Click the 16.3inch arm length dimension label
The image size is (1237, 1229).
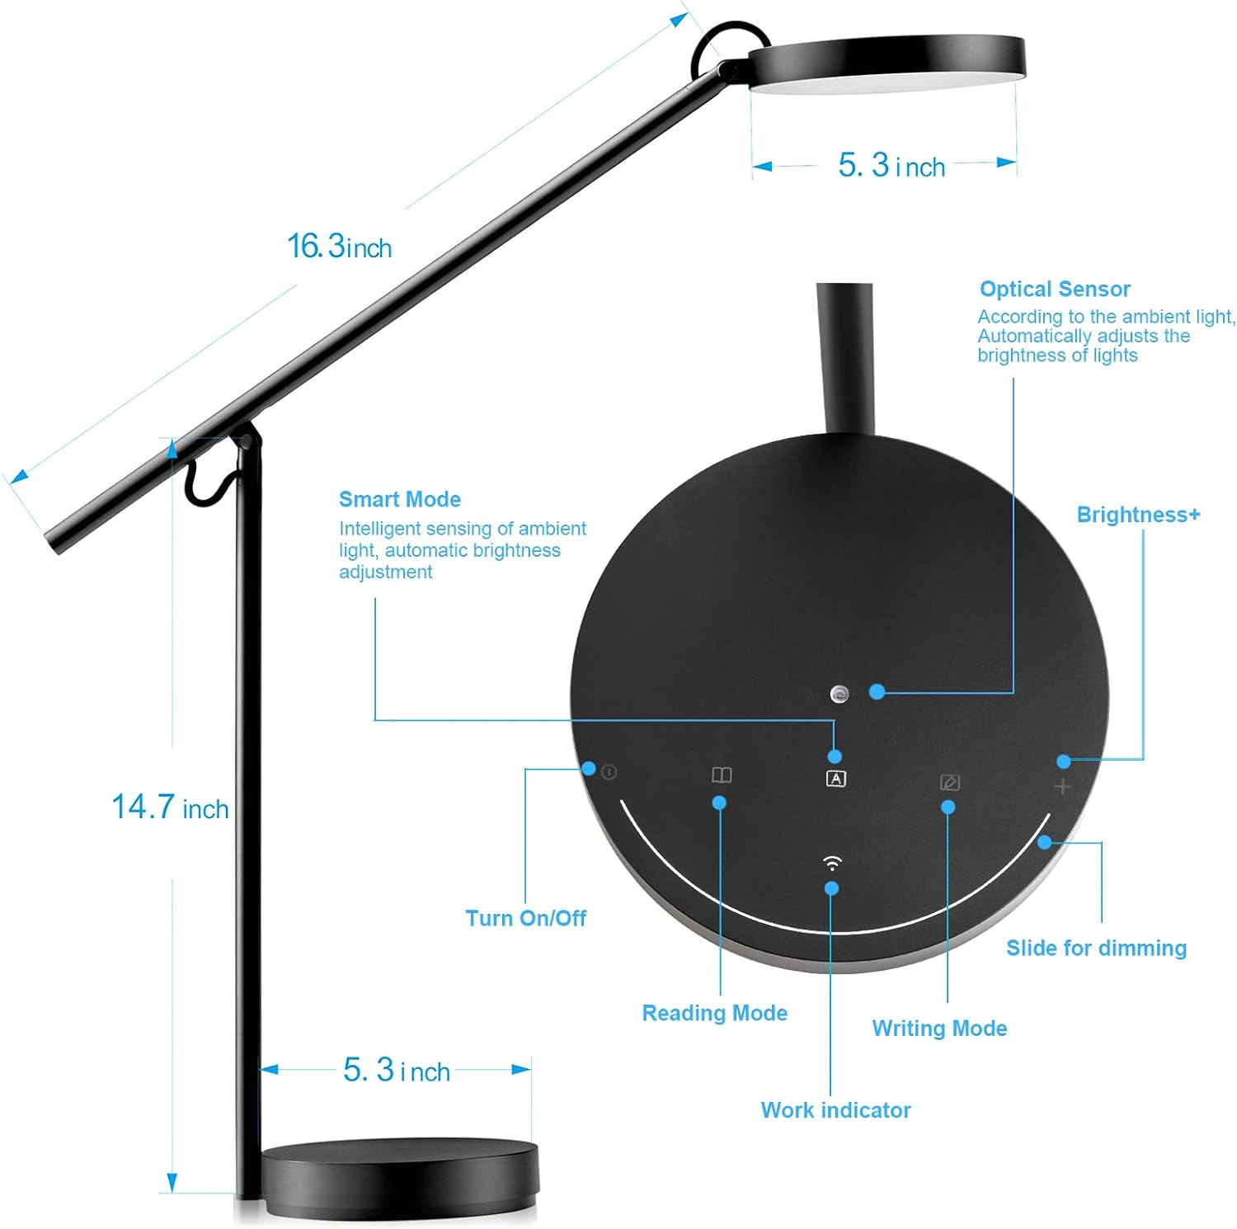339,246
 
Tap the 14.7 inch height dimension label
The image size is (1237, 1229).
170,808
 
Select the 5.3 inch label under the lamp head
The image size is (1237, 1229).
891,166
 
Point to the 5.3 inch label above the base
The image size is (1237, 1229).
397,1071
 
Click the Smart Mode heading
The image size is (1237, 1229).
399,499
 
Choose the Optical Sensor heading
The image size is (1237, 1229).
1054,289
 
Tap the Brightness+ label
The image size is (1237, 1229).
1138,515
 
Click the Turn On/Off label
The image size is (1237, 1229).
525,918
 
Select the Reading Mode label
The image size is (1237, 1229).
714,1013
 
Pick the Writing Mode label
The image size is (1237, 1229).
939,1029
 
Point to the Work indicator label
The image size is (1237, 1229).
835,1110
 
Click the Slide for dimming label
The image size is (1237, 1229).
1096,948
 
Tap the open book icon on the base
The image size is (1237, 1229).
722,775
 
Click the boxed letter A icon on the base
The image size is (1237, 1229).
835,778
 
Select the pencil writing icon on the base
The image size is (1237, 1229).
949,781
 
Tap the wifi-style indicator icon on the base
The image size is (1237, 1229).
832,864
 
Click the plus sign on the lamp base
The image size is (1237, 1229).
1062,787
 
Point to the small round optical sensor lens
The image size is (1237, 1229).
840,694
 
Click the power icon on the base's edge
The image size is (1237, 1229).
609,773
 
